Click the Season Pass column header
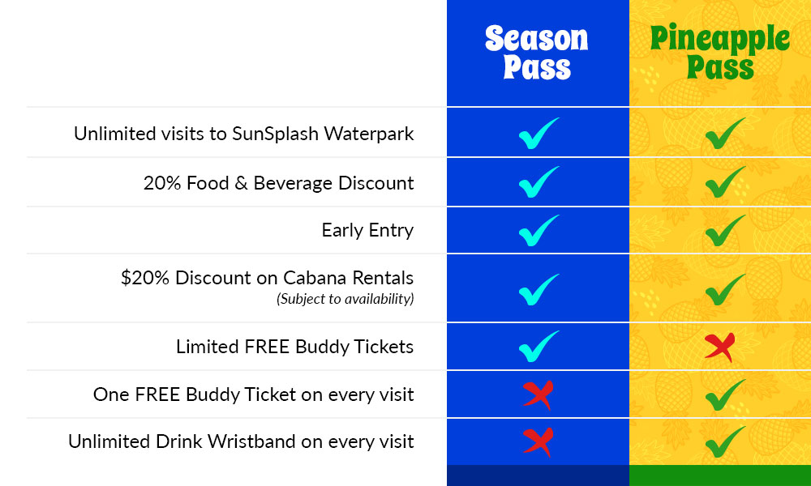point(537,52)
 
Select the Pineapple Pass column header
point(720,52)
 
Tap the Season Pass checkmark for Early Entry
point(538,232)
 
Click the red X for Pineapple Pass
point(719,347)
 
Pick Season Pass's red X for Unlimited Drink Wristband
point(538,442)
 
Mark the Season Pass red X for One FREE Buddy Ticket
point(538,395)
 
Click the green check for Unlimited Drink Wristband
point(725,442)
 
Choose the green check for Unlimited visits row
point(725,134)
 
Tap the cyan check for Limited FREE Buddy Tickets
point(538,347)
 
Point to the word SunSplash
point(275,134)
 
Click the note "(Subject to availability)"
point(345,299)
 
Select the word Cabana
point(315,278)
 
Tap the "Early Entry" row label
point(367,230)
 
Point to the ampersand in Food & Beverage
point(241,183)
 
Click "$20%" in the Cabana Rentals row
point(145,278)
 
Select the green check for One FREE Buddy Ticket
point(725,395)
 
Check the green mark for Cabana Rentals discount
point(725,290)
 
